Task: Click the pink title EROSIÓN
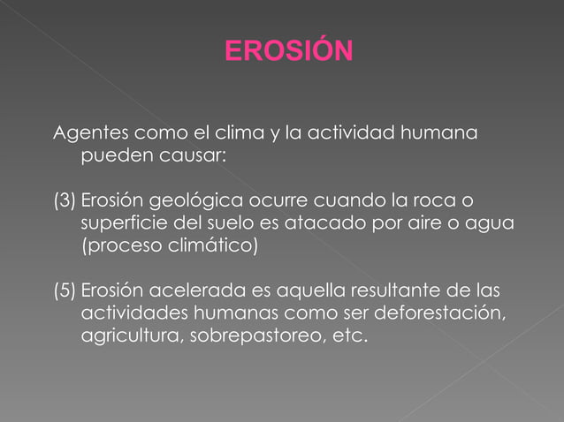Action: coord(288,51)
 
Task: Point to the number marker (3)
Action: coord(65,201)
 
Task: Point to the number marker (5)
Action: coord(65,290)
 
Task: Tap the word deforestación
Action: coord(439,313)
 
